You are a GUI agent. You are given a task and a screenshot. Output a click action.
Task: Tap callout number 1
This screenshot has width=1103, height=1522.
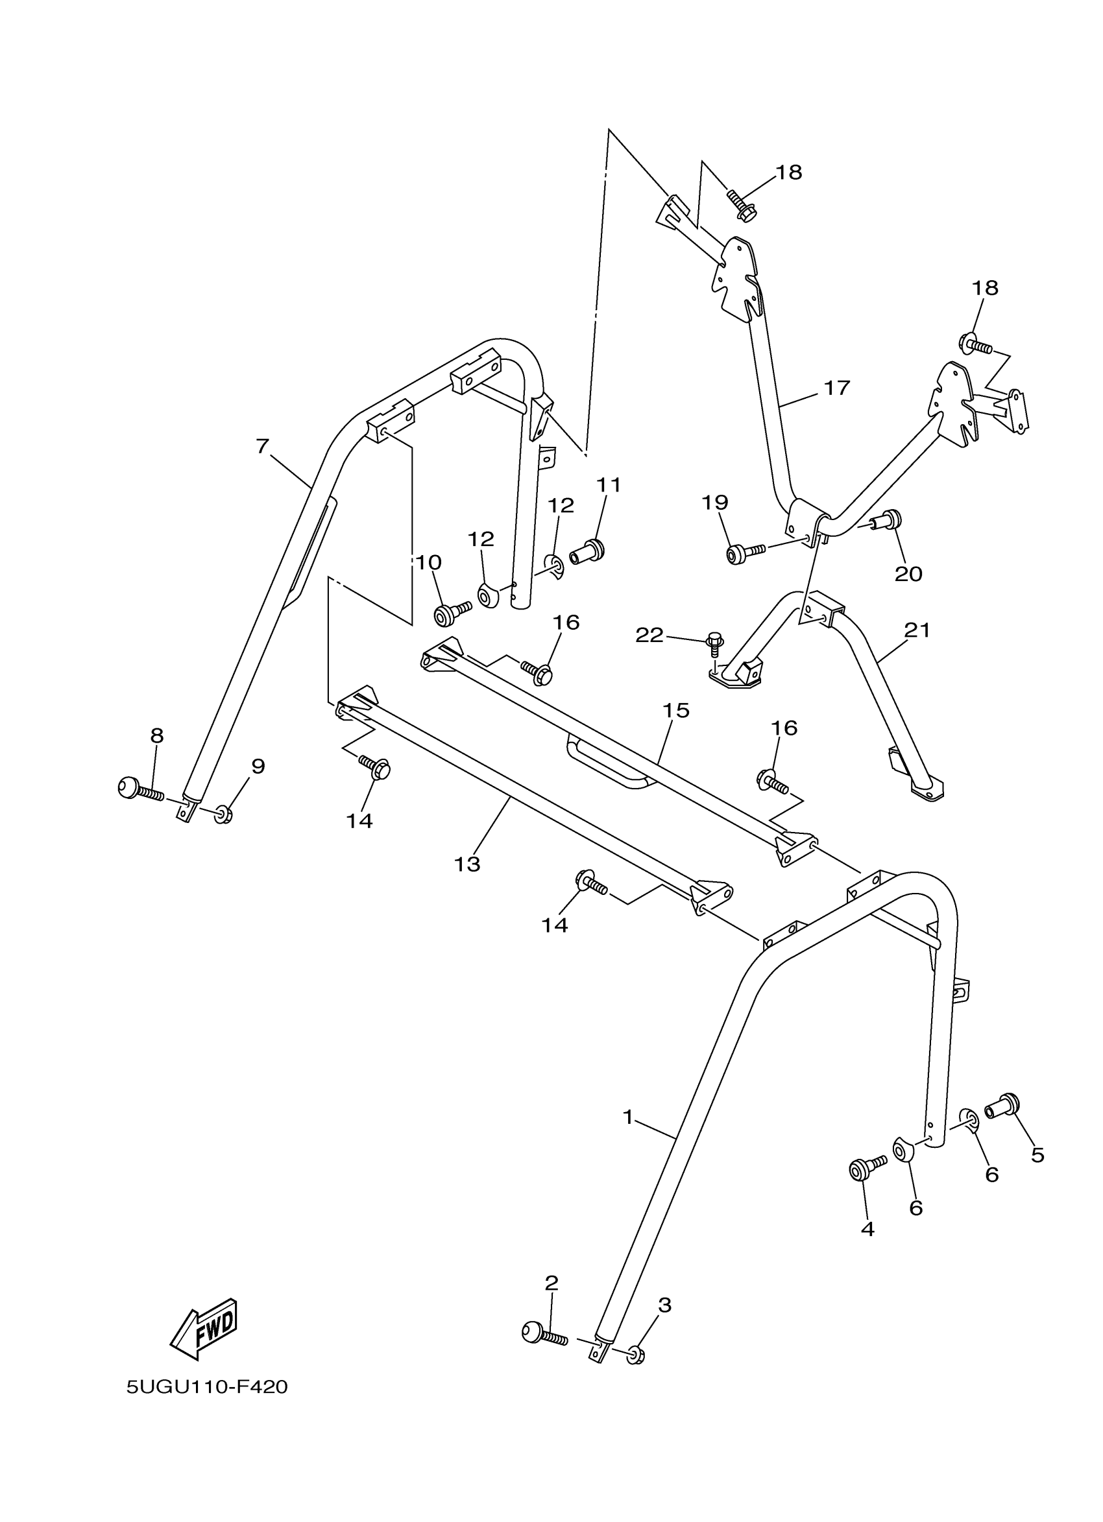point(627,1117)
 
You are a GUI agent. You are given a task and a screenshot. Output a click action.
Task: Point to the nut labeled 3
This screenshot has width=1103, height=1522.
point(636,1355)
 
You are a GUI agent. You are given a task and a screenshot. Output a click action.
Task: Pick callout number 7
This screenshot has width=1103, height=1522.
point(263,446)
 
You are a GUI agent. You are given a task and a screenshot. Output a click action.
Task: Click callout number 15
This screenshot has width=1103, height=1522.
point(676,710)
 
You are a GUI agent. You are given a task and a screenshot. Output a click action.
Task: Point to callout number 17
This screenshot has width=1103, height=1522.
point(836,387)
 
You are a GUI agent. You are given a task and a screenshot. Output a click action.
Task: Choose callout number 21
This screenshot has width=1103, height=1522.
point(917,630)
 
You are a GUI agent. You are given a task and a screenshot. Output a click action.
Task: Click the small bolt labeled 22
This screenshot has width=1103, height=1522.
point(714,645)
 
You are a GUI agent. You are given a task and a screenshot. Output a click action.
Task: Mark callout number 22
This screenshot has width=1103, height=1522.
point(649,635)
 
